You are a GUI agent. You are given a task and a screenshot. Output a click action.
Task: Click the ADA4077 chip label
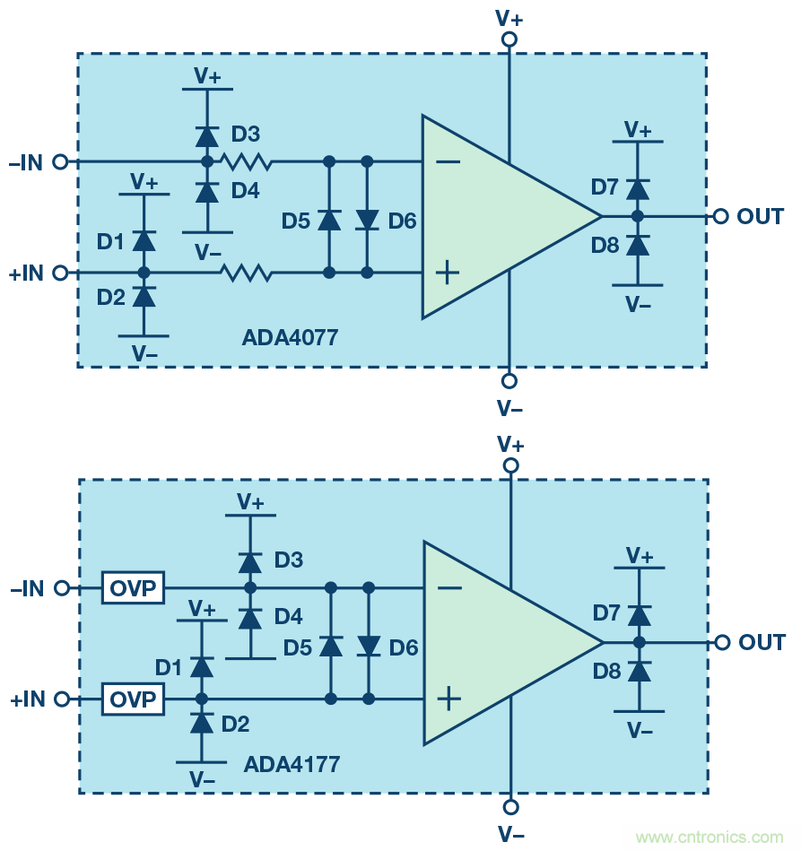(x=290, y=338)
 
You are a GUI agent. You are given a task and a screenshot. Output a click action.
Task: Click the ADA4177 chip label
(x=292, y=765)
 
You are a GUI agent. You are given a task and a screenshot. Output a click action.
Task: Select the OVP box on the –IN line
(x=134, y=588)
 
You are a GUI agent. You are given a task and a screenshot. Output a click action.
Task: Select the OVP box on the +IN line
(x=134, y=699)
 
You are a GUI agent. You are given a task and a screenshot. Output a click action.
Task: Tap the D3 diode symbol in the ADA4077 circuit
(x=207, y=136)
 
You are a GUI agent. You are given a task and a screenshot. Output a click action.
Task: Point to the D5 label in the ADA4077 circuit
(x=296, y=220)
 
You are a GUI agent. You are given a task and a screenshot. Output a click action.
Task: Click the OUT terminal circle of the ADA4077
(x=719, y=216)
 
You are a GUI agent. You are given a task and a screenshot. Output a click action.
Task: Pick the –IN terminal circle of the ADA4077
(x=61, y=162)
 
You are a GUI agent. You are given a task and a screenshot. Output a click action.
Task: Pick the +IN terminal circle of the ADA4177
(x=62, y=699)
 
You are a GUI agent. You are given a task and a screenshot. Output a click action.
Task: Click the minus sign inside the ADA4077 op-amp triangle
(x=449, y=162)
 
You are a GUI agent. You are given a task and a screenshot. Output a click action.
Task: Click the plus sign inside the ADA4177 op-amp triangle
(x=449, y=699)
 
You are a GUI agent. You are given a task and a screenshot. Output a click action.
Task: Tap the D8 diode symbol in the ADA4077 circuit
(x=638, y=245)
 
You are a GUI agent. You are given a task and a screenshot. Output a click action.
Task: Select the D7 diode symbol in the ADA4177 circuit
(x=640, y=615)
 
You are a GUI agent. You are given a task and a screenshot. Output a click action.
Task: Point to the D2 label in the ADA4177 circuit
(x=235, y=724)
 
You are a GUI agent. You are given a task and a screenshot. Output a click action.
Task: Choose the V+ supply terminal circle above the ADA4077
(x=509, y=39)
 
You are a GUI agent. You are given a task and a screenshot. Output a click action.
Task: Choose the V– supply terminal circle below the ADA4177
(x=511, y=805)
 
